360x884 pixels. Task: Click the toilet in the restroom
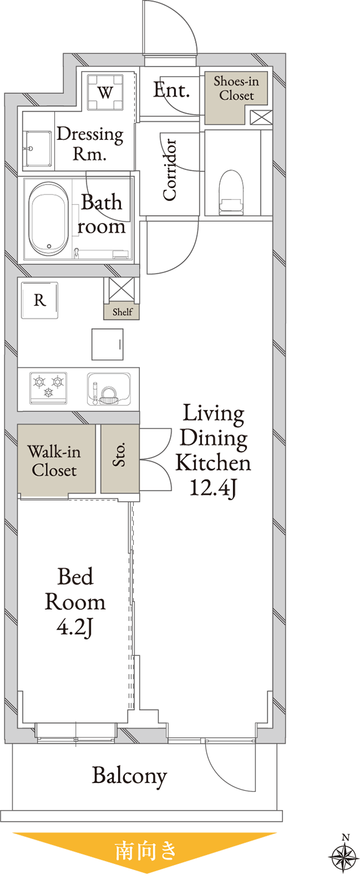point(231,192)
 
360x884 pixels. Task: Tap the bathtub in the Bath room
point(49,219)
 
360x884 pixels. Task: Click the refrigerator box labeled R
point(40,300)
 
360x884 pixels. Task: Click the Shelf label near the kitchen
point(122,312)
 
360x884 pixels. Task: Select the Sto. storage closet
point(120,458)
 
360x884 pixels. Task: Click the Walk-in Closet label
point(54,461)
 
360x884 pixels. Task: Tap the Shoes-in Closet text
point(236,88)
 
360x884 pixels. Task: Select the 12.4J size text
point(213,488)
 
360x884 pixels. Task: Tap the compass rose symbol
point(344,857)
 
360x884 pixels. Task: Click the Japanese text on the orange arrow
point(145,850)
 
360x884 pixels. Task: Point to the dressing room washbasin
point(37,149)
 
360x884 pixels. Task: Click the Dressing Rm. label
point(90,144)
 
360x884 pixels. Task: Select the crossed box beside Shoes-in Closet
point(261,117)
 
